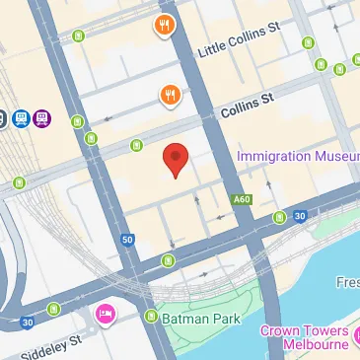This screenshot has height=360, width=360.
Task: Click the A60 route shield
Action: (x=241, y=199)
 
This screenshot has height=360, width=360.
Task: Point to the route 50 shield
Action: (x=127, y=239)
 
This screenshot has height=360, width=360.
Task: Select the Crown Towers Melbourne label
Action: (x=304, y=337)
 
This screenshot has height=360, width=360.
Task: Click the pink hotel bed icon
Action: (x=106, y=314)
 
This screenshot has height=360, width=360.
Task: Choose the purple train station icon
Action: (x=41, y=119)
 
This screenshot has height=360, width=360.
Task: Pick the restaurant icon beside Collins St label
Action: (x=171, y=95)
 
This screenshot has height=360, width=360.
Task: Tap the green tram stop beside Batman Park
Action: (x=151, y=316)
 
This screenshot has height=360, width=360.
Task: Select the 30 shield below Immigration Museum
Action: (x=299, y=216)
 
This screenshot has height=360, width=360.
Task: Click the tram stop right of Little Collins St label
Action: (x=308, y=42)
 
